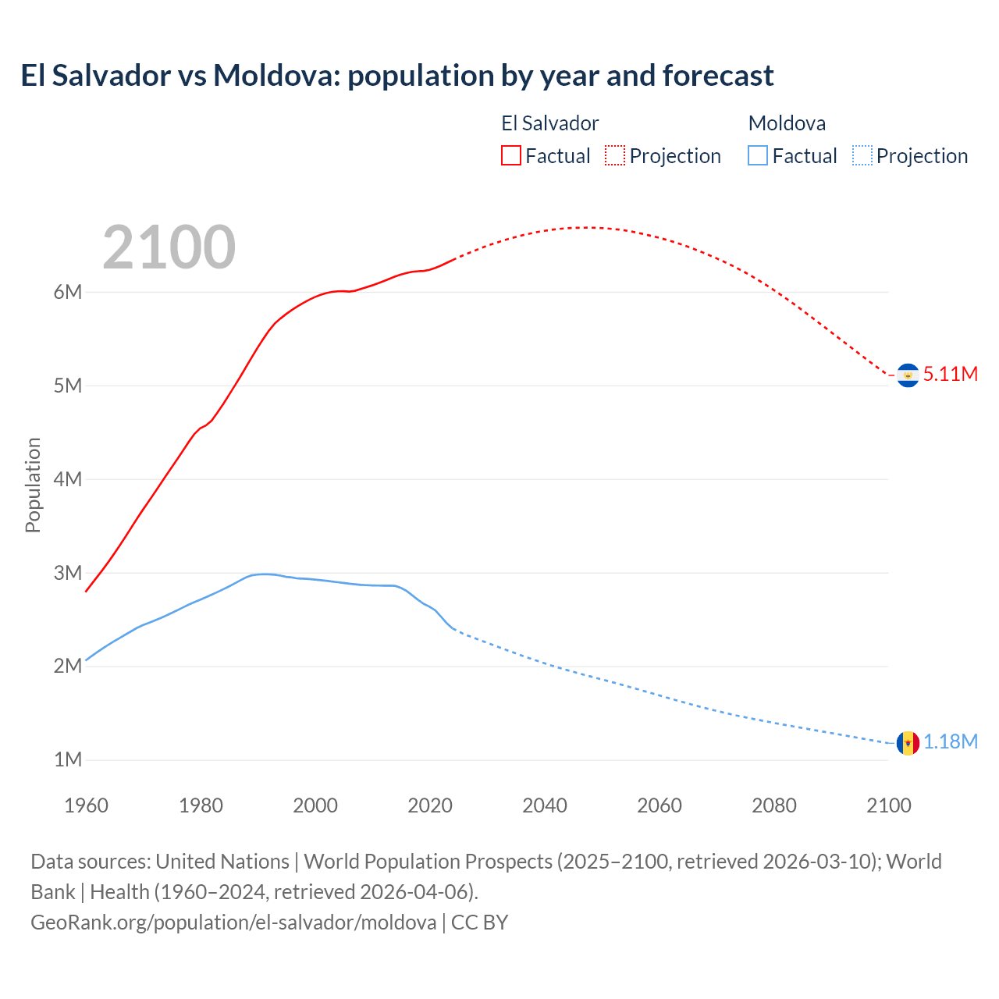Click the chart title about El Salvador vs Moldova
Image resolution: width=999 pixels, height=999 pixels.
(x=396, y=76)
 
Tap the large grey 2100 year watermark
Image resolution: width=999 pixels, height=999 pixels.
(x=169, y=247)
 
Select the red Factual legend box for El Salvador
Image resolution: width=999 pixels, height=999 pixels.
(x=510, y=155)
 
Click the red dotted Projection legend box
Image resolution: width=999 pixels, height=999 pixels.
(x=615, y=155)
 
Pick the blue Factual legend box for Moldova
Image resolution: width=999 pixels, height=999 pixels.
(x=757, y=155)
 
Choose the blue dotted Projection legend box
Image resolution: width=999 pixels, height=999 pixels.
(x=862, y=155)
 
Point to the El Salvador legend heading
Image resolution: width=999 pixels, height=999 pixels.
(x=549, y=123)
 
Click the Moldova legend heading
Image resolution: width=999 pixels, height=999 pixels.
(x=787, y=123)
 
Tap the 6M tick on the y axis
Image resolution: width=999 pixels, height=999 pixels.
(x=68, y=292)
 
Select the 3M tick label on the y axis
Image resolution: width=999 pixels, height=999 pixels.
(x=68, y=573)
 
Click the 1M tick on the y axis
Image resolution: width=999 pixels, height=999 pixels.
(x=68, y=759)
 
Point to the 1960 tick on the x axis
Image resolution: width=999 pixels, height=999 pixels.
(x=86, y=805)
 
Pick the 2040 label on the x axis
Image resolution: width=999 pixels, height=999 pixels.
(x=545, y=805)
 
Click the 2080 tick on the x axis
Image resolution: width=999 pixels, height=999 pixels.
(x=774, y=805)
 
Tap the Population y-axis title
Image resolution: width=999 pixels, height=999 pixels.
(x=33, y=485)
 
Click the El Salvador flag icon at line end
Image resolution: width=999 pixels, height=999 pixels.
(x=908, y=375)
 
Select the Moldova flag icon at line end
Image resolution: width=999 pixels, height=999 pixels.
(x=908, y=742)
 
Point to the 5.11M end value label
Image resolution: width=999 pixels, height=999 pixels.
(x=951, y=374)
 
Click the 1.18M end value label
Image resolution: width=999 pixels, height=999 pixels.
(x=951, y=741)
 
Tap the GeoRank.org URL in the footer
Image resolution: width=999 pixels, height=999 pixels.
(x=233, y=923)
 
